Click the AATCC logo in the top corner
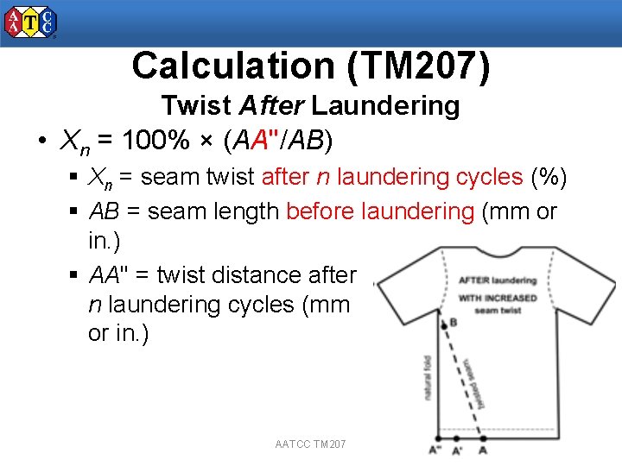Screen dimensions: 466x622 (31, 22)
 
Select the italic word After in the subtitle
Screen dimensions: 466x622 (270, 106)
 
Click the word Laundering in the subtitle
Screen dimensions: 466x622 (385, 106)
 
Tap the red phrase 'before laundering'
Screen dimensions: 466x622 (379, 211)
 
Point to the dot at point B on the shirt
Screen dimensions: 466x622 (443, 322)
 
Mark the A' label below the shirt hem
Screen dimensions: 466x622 (456, 450)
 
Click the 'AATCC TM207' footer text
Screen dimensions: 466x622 (310, 444)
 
